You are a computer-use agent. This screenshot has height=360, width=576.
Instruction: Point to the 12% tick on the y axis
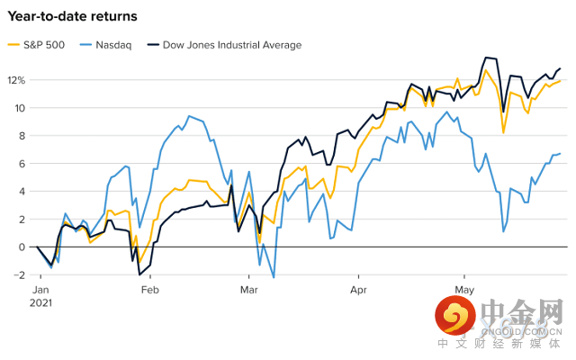17,80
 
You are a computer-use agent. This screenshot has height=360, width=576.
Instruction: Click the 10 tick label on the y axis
19,108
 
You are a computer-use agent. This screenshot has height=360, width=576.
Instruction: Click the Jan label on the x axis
41,290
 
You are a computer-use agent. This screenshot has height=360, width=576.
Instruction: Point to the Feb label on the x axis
149,290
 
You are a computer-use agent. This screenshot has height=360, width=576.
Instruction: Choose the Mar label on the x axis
249,290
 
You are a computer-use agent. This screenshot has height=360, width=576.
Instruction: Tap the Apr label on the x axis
358,290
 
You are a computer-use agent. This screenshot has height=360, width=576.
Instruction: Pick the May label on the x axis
464,290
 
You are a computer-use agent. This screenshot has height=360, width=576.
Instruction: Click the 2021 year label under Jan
41,303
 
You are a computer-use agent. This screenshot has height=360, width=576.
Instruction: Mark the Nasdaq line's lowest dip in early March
273,277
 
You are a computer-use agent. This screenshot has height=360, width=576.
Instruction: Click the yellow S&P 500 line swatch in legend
13,45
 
